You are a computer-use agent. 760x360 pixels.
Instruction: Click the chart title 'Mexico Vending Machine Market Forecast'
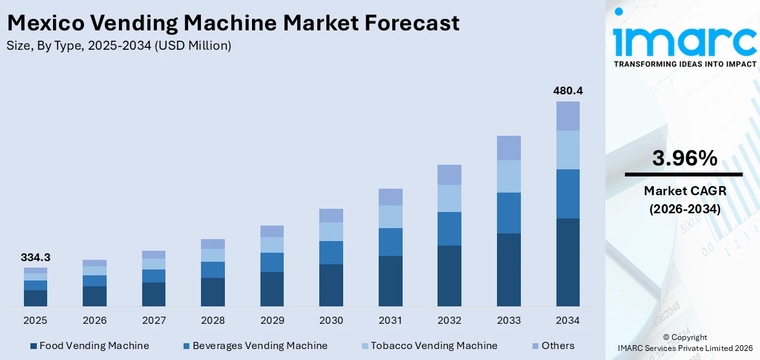[233, 23]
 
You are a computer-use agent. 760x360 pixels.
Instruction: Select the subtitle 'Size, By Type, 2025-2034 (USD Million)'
[119, 46]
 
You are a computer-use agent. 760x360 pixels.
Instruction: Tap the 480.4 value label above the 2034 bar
[567, 90]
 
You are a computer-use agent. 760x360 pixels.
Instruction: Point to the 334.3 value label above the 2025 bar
[36, 257]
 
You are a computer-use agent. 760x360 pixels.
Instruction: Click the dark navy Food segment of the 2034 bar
[567, 262]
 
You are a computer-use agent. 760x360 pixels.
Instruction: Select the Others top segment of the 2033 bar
[509, 148]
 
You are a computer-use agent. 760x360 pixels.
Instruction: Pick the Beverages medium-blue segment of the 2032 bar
[449, 228]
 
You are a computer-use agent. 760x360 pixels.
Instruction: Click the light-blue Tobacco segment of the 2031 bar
[390, 217]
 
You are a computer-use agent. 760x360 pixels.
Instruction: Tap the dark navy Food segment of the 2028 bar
[213, 291]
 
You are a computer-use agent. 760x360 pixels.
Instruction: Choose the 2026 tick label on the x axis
[94, 321]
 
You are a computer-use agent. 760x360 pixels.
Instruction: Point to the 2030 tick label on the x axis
[331, 321]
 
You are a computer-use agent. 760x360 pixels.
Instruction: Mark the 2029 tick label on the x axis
[272, 321]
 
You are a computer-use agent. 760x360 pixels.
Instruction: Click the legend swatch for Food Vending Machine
[34, 346]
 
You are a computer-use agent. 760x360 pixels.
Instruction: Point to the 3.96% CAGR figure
[684, 158]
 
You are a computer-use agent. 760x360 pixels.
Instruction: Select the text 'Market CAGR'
[684, 191]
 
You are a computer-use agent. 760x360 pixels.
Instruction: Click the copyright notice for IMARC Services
[684, 343]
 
